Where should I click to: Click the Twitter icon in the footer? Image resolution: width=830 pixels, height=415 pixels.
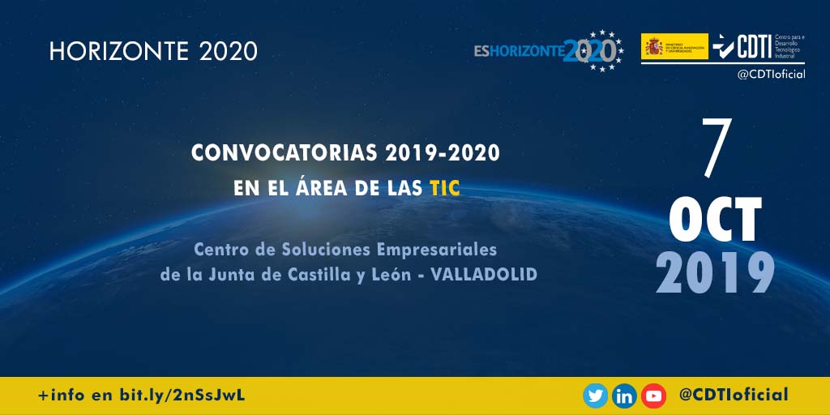point(596,396)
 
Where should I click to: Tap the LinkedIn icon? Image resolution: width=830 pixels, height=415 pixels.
point(624,396)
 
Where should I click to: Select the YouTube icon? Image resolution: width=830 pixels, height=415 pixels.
point(653,396)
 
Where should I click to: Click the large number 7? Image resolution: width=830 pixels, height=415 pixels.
point(717,150)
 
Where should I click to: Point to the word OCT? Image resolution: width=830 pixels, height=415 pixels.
point(716,221)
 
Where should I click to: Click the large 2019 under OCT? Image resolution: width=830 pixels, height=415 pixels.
point(716,273)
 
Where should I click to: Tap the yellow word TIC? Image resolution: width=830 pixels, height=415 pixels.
point(445,188)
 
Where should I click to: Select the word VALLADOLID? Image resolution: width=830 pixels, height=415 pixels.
point(485,275)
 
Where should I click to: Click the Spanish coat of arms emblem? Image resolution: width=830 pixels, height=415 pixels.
point(653,46)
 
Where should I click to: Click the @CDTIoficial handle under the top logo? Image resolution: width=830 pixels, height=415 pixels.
point(770,75)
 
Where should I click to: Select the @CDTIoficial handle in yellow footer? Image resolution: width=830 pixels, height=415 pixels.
point(734,395)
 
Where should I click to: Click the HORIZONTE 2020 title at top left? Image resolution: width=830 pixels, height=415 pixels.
point(153,51)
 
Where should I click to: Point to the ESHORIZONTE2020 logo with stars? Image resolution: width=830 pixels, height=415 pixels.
point(549,51)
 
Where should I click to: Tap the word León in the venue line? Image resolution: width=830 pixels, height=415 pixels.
point(393,275)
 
